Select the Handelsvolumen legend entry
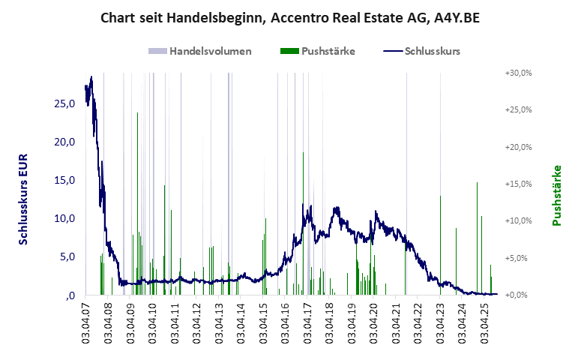[x=199, y=52]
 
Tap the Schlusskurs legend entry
[x=421, y=52]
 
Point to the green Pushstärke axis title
[x=556, y=196]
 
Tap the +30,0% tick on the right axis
[x=518, y=73]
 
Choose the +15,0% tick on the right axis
[x=518, y=184]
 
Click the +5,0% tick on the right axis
[x=520, y=258]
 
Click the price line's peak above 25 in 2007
[x=91, y=77]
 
